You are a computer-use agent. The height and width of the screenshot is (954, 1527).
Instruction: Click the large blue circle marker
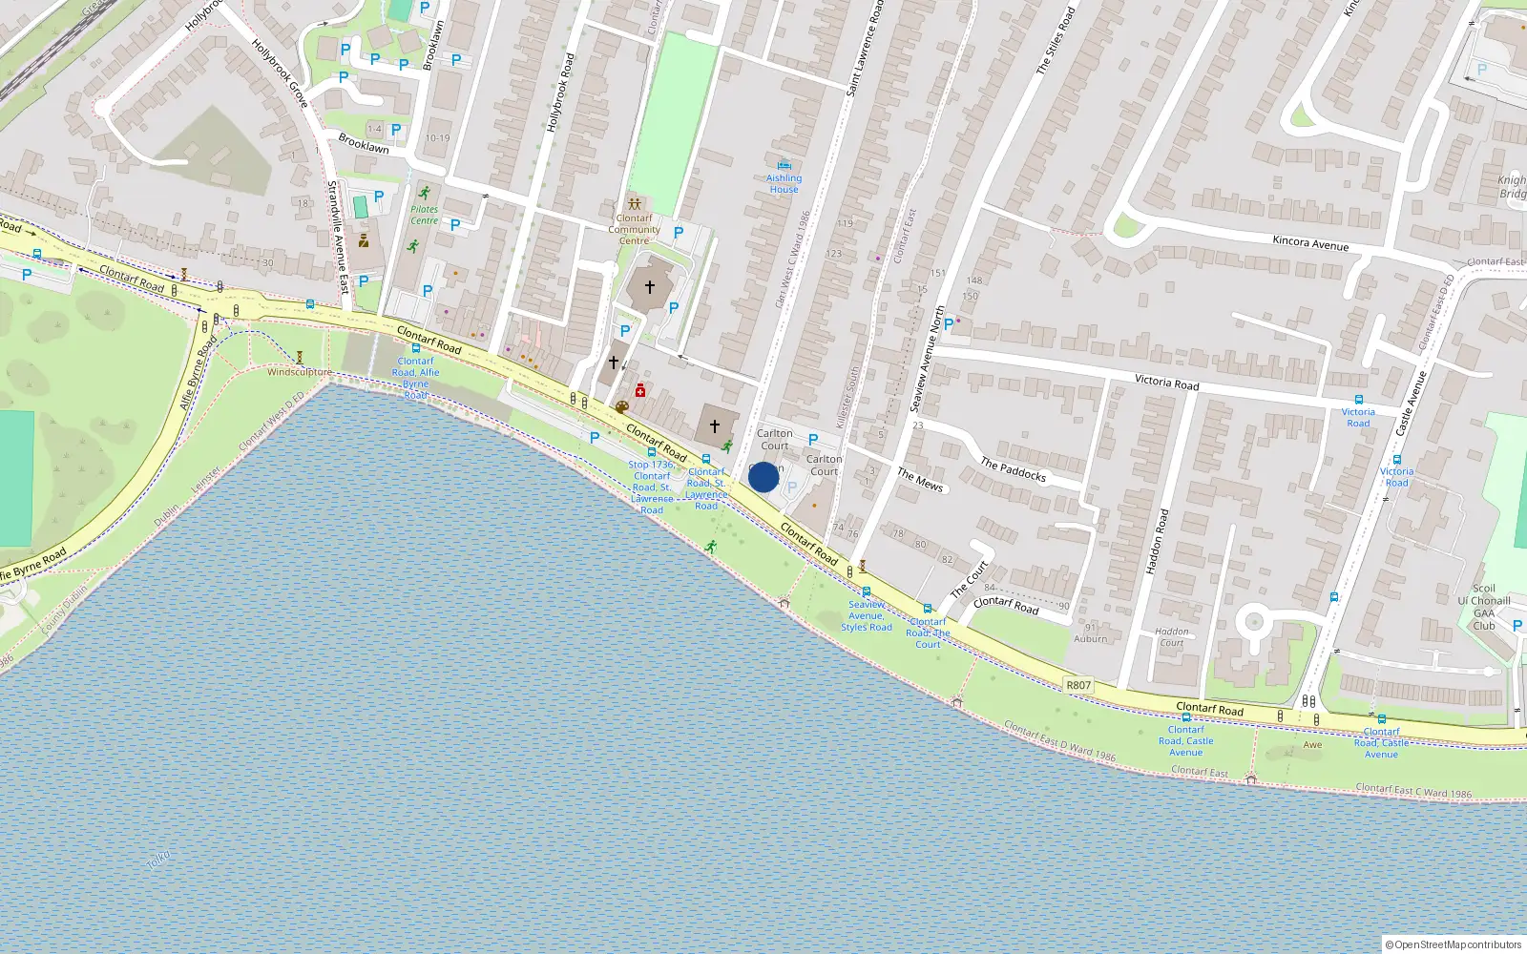tap(763, 477)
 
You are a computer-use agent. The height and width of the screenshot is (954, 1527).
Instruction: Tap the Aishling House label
tap(784, 183)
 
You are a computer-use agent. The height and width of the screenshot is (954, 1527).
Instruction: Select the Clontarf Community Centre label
tap(634, 229)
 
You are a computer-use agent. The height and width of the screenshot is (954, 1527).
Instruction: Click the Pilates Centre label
tap(425, 215)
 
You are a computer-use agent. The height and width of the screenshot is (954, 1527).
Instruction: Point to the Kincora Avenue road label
tap(1310, 243)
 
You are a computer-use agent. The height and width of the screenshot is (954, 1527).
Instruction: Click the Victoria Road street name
tap(1166, 382)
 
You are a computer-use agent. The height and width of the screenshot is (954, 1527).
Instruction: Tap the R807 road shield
tap(1078, 685)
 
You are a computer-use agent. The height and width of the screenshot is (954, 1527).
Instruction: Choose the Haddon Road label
tap(1156, 541)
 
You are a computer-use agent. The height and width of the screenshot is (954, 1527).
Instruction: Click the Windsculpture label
tap(300, 372)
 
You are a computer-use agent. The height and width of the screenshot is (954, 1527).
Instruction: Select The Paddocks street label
tap(1013, 469)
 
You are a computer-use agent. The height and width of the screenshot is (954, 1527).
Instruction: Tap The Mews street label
tap(920, 480)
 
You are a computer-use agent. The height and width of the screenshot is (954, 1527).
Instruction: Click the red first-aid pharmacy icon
tap(640, 390)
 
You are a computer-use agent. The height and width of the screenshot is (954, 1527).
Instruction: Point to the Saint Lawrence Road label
tap(866, 48)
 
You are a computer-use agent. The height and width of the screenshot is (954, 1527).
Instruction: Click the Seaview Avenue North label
tap(926, 359)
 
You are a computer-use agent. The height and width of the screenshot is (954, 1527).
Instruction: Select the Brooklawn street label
tap(364, 144)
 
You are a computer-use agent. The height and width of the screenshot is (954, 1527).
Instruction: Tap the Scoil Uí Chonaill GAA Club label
tap(1484, 607)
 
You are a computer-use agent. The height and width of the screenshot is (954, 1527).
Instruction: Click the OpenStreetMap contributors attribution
tap(1454, 944)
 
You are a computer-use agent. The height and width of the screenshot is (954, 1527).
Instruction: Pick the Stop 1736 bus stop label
tap(652, 487)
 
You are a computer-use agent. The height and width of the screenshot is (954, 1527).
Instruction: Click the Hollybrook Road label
tap(560, 92)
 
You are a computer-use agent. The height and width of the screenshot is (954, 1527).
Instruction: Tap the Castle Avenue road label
tap(1410, 404)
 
